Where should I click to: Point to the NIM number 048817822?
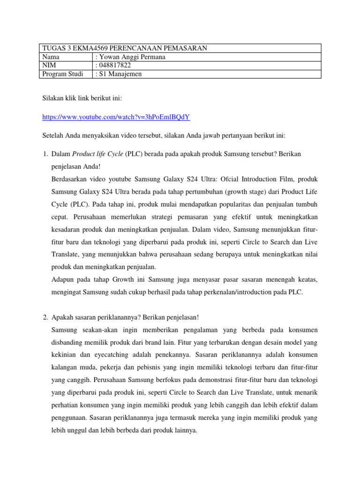(x=114, y=65)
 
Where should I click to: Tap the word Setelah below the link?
(x=54, y=135)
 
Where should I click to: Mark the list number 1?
(x=45, y=154)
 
